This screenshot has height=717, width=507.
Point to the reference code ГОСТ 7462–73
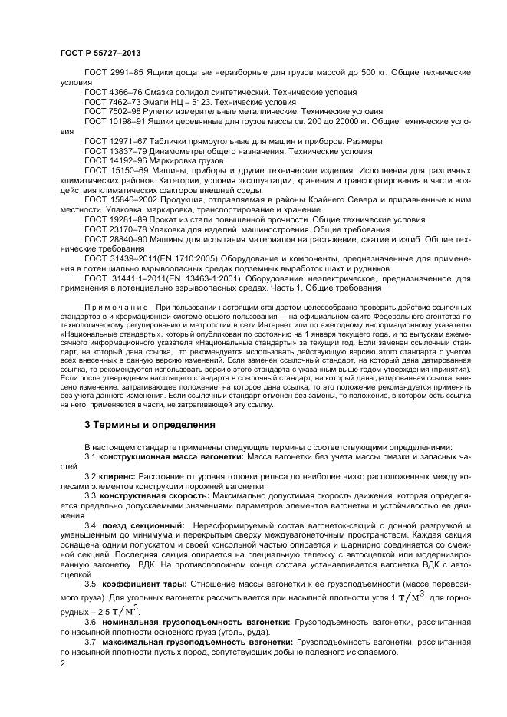tap(110, 101)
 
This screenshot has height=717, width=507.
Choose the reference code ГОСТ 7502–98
tap(110, 111)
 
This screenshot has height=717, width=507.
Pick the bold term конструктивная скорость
tap(150, 496)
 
